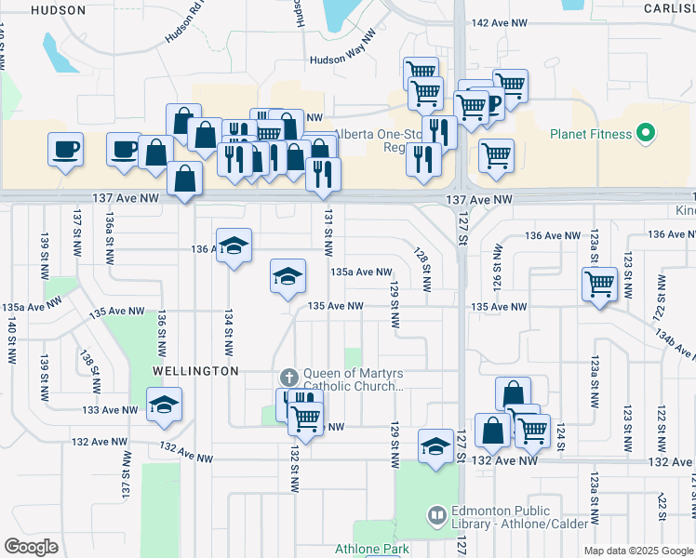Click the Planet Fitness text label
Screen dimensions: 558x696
[x=591, y=135]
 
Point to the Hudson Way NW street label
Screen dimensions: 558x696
[x=343, y=60]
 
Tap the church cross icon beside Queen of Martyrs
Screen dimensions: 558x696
[x=288, y=377]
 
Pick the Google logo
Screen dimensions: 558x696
[x=32, y=547]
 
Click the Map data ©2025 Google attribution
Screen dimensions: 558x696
[x=638, y=551]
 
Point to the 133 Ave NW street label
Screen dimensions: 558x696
[x=109, y=409]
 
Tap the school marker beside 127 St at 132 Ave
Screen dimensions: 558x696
[x=435, y=445]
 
